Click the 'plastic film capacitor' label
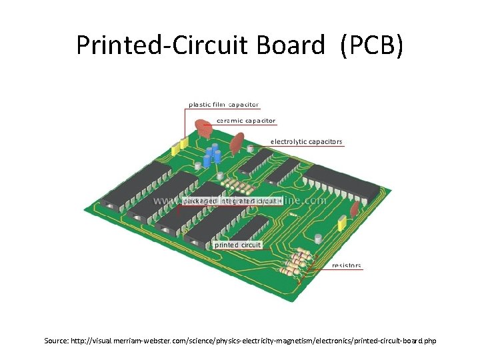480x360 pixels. tap(224, 105)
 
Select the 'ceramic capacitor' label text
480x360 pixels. tap(246, 121)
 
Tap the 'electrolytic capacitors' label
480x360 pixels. tap(306, 142)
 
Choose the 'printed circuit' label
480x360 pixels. tap(238, 245)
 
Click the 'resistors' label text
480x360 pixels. tap(346, 265)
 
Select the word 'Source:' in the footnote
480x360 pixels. tap(57, 341)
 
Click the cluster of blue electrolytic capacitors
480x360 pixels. tap(213, 155)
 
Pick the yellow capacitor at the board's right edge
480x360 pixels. tap(341, 223)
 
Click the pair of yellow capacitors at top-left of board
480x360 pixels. tap(179, 147)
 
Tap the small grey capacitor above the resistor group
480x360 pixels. tap(318, 238)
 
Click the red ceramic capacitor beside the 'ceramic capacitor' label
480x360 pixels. tap(201, 126)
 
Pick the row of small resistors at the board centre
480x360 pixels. tap(236, 183)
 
